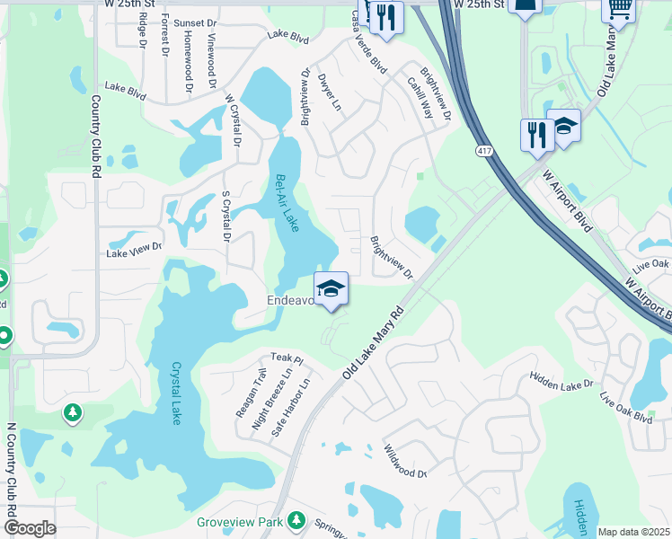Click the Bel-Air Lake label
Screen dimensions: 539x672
[x=287, y=204]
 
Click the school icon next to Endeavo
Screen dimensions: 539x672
[x=332, y=289]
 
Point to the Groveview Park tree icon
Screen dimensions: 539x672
[x=296, y=521]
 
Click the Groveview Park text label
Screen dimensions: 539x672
[x=240, y=522]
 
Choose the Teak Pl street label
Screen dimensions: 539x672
[x=287, y=359]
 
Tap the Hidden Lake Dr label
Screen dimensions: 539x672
[x=561, y=379]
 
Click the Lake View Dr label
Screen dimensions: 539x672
[x=135, y=249]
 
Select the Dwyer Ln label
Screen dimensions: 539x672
[x=331, y=92]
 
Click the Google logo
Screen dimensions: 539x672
[x=30, y=528]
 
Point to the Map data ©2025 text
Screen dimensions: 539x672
[x=633, y=532]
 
